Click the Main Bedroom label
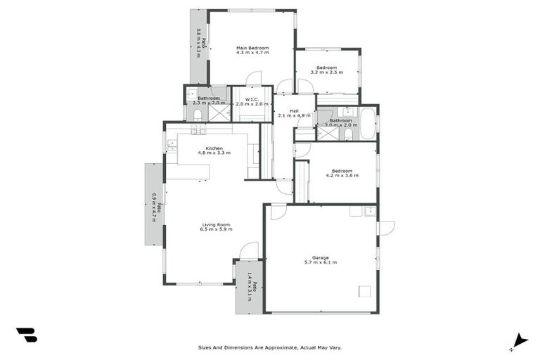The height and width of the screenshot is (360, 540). click(252, 48)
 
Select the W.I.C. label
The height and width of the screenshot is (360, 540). click(252, 98)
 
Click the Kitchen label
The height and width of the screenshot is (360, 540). click(214, 148)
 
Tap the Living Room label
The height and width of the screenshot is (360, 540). click(216, 224)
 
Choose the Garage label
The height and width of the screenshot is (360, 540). click(320, 257)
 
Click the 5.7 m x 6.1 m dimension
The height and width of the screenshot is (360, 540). click(320, 263)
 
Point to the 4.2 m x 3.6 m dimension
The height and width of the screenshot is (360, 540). click(342, 175)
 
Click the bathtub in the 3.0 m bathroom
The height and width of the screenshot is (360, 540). click(367, 124)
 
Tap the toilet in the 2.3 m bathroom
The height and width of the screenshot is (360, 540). click(198, 113)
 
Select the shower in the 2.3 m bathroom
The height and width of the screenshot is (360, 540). click(219, 112)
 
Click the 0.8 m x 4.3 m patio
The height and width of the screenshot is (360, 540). click(199, 46)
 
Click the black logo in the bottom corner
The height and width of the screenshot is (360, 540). click(26, 335)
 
